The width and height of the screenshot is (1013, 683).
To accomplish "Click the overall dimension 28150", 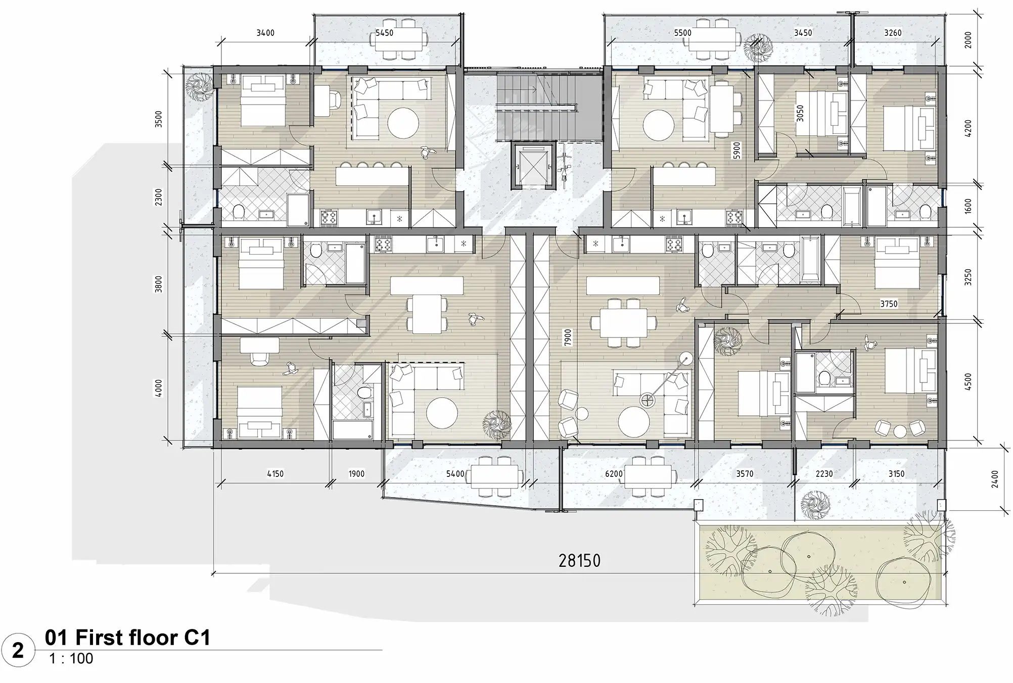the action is (579, 560).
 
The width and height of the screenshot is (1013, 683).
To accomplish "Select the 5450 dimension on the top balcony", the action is (384, 33).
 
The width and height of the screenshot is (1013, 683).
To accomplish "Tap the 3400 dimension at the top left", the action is (265, 33).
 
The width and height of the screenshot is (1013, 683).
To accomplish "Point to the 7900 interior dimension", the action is (568, 337).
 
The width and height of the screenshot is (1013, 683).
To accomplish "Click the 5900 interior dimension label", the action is (736, 151).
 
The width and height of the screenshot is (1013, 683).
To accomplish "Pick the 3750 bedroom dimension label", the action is (889, 304).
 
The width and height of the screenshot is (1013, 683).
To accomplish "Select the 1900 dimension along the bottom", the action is (356, 474).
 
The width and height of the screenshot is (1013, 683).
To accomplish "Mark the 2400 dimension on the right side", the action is (995, 479).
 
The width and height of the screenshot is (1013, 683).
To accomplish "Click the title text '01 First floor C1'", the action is (127, 638).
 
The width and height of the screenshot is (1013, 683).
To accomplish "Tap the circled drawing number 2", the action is (18, 650).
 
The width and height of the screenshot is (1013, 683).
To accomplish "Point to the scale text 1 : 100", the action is (71, 659).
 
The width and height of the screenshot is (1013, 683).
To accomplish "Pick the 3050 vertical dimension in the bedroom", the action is (800, 113).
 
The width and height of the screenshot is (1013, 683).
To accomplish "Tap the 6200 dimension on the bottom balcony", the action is (614, 474).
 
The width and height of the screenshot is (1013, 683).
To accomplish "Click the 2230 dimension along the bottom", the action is (824, 474).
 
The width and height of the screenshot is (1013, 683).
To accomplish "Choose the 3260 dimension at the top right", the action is (893, 33).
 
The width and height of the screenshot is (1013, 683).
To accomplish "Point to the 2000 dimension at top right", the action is (968, 39).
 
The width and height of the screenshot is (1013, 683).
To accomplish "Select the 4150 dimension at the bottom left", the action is (275, 474).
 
